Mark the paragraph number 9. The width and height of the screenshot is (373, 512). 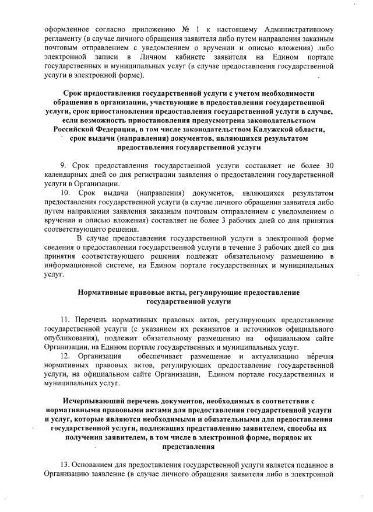63,166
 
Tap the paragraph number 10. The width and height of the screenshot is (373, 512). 65,193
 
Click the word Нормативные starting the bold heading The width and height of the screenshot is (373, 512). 106,292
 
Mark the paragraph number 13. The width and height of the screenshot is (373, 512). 65,465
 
